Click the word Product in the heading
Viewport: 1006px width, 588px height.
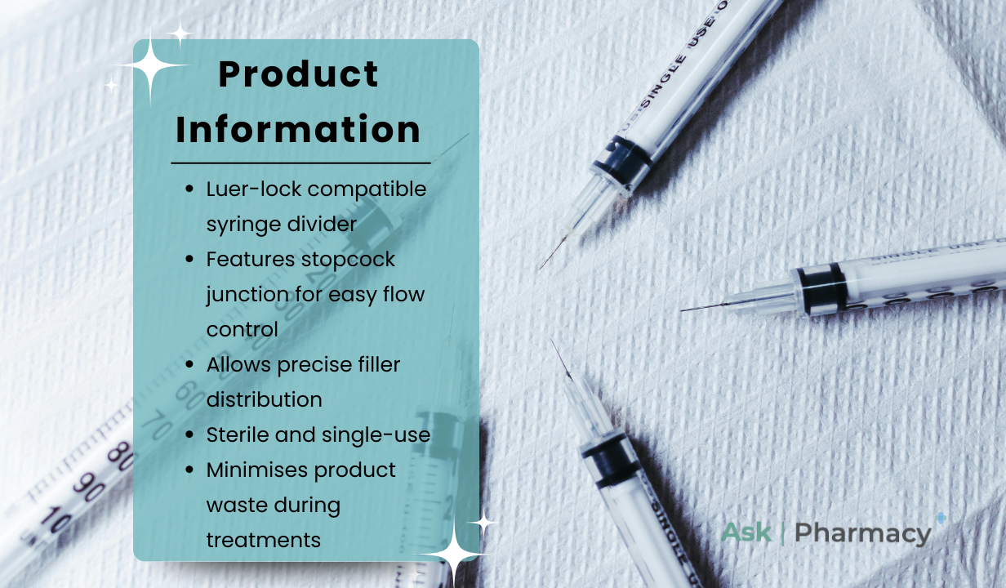click(x=298, y=74)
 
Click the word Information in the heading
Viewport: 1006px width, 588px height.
click(x=298, y=129)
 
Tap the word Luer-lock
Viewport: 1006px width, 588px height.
click(x=254, y=189)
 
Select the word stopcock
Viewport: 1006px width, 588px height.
click(x=348, y=260)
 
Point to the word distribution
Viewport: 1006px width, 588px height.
click(x=264, y=399)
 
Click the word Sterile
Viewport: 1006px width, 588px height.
click(x=238, y=434)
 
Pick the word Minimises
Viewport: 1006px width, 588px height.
click(x=257, y=470)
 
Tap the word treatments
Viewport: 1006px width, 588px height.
click(x=264, y=541)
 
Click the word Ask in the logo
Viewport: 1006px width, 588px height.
click(x=746, y=532)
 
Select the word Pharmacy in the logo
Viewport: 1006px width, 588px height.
click(x=863, y=533)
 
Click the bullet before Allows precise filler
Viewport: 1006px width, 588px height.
click(x=189, y=364)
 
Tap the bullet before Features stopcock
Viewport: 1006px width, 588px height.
click(x=189, y=259)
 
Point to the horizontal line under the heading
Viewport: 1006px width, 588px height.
click(x=300, y=163)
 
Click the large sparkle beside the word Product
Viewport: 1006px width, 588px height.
click(x=150, y=65)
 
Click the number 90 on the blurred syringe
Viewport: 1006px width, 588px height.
click(x=89, y=487)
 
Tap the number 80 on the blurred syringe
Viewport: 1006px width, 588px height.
click(x=120, y=456)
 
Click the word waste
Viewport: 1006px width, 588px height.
click(x=237, y=506)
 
